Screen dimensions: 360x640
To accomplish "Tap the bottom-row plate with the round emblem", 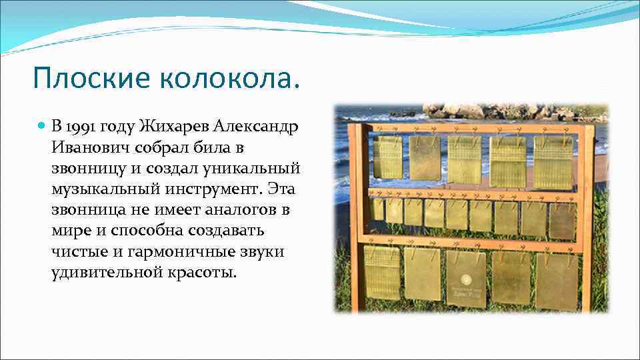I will click(x=466, y=278).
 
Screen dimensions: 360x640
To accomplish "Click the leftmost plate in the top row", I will click(x=387, y=157).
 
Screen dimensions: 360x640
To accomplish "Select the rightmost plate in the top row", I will click(x=553, y=161).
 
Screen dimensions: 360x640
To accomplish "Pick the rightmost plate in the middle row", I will click(x=563, y=221).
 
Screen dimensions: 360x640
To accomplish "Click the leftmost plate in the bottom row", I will click(x=383, y=272).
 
